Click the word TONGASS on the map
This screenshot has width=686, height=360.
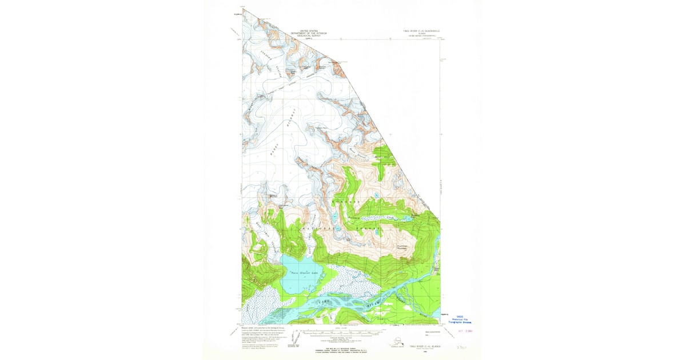click(x=346, y=203)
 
